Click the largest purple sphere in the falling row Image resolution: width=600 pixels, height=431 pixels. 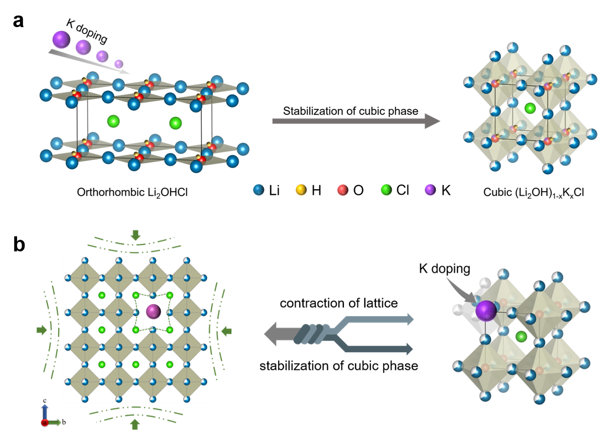pos(61,40)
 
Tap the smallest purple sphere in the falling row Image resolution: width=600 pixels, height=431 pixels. pos(118,64)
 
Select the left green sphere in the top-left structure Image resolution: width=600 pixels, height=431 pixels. pos(113,121)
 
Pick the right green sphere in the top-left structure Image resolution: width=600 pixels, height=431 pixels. pos(175,122)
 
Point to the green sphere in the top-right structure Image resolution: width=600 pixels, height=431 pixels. pos(530,108)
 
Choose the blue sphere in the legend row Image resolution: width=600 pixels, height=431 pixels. pos(259,190)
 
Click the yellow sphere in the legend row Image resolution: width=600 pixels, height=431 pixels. pos(301,190)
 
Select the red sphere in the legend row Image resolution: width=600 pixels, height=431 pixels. pos(342,190)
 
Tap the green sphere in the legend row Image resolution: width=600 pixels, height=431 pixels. pos(386,190)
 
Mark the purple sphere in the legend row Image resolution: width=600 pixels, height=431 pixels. pos(430,190)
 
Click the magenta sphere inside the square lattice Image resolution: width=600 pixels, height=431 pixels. pos(153,312)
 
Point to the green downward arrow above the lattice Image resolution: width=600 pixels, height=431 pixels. pos(135,235)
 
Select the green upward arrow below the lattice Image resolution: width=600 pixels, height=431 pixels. pos(135,424)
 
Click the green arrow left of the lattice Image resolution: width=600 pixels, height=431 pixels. pos(42,330)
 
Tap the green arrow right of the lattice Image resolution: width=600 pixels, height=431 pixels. pos(227,331)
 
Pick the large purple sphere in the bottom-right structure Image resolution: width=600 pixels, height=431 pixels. pos(486,311)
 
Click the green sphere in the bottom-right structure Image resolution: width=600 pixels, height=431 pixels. pos(521,336)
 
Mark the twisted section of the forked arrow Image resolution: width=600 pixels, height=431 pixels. pos(312,334)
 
